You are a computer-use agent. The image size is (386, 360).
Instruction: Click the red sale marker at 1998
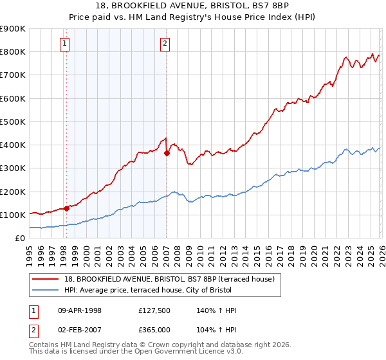[66, 208]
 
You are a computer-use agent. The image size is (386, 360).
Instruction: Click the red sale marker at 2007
[167, 153]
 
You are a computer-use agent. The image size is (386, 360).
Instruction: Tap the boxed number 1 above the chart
[66, 44]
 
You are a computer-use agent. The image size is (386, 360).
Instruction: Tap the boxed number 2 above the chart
[165, 44]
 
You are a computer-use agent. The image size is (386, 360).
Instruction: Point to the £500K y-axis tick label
[13, 122]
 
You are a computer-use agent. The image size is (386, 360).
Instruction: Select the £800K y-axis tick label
[13, 51]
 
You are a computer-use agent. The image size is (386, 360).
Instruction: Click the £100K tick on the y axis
[13, 215]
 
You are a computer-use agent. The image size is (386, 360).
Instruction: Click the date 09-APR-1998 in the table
[80, 310]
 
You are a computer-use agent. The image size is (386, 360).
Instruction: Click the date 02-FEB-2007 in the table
[80, 328]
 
